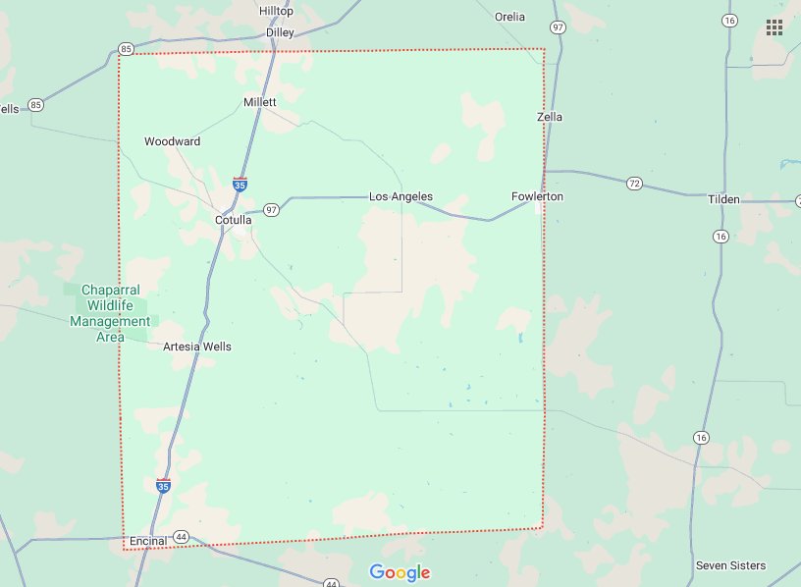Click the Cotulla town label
234,221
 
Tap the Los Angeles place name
400,197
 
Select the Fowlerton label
537,197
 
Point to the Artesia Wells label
197,347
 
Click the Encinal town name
148,541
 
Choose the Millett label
260,102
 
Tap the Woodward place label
172,141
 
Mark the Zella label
551,117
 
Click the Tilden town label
724,200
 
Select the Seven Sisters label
730,565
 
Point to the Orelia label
509,17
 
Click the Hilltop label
276,11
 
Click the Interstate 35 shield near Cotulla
240,184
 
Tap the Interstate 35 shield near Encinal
163,486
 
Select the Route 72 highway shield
634,183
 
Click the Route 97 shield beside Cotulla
271,210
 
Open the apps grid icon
774,27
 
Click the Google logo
400,572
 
